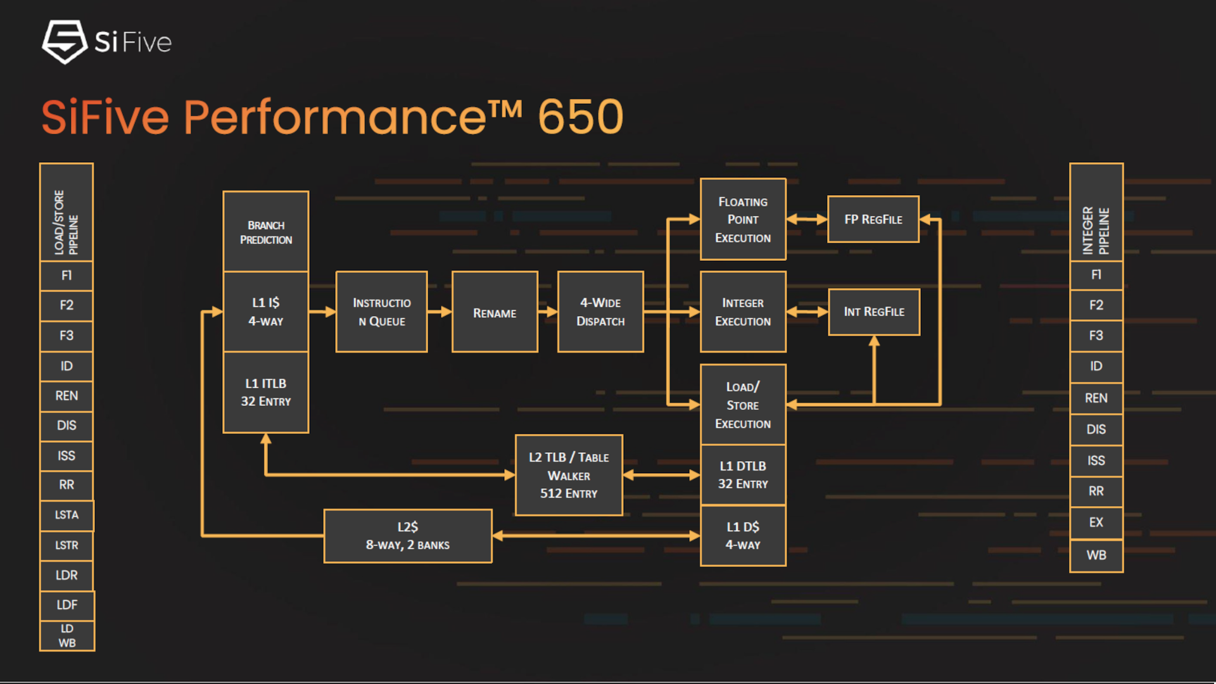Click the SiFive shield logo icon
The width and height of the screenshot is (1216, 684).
pyautogui.click(x=64, y=42)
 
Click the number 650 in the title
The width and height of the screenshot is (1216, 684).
pyautogui.click(x=580, y=117)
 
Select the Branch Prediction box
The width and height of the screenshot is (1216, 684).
pyautogui.click(x=266, y=232)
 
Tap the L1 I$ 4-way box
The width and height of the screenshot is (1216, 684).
pyautogui.click(x=266, y=312)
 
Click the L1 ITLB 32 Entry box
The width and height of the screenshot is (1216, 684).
pyautogui.click(x=266, y=392)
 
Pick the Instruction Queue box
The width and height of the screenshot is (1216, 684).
pyautogui.click(x=381, y=312)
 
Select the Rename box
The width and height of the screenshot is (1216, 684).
pyautogui.click(x=495, y=312)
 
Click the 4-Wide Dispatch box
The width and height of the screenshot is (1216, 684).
pyautogui.click(x=600, y=312)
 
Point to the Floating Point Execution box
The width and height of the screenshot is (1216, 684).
pyautogui.click(x=743, y=219)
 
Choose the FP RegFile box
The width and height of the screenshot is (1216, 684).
pyautogui.click(x=873, y=219)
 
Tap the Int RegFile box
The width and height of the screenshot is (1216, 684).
pyautogui.click(x=873, y=312)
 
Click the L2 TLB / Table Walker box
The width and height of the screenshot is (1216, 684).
pyautogui.click(x=569, y=475)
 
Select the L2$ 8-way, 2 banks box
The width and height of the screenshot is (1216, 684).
pyautogui.click(x=407, y=536)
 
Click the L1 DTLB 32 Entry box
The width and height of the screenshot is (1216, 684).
pyautogui.click(x=743, y=474)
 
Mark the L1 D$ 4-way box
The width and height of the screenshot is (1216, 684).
pyautogui.click(x=743, y=536)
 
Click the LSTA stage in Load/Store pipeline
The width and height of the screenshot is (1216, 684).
pyautogui.click(x=66, y=515)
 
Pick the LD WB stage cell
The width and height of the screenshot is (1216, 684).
pyautogui.click(x=66, y=635)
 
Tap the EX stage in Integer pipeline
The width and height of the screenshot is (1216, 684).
pyautogui.click(x=1096, y=522)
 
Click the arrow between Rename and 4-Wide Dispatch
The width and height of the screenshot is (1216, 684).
pyautogui.click(x=548, y=312)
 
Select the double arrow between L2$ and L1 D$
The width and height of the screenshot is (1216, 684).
pyautogui.click(x=596, y=536)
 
